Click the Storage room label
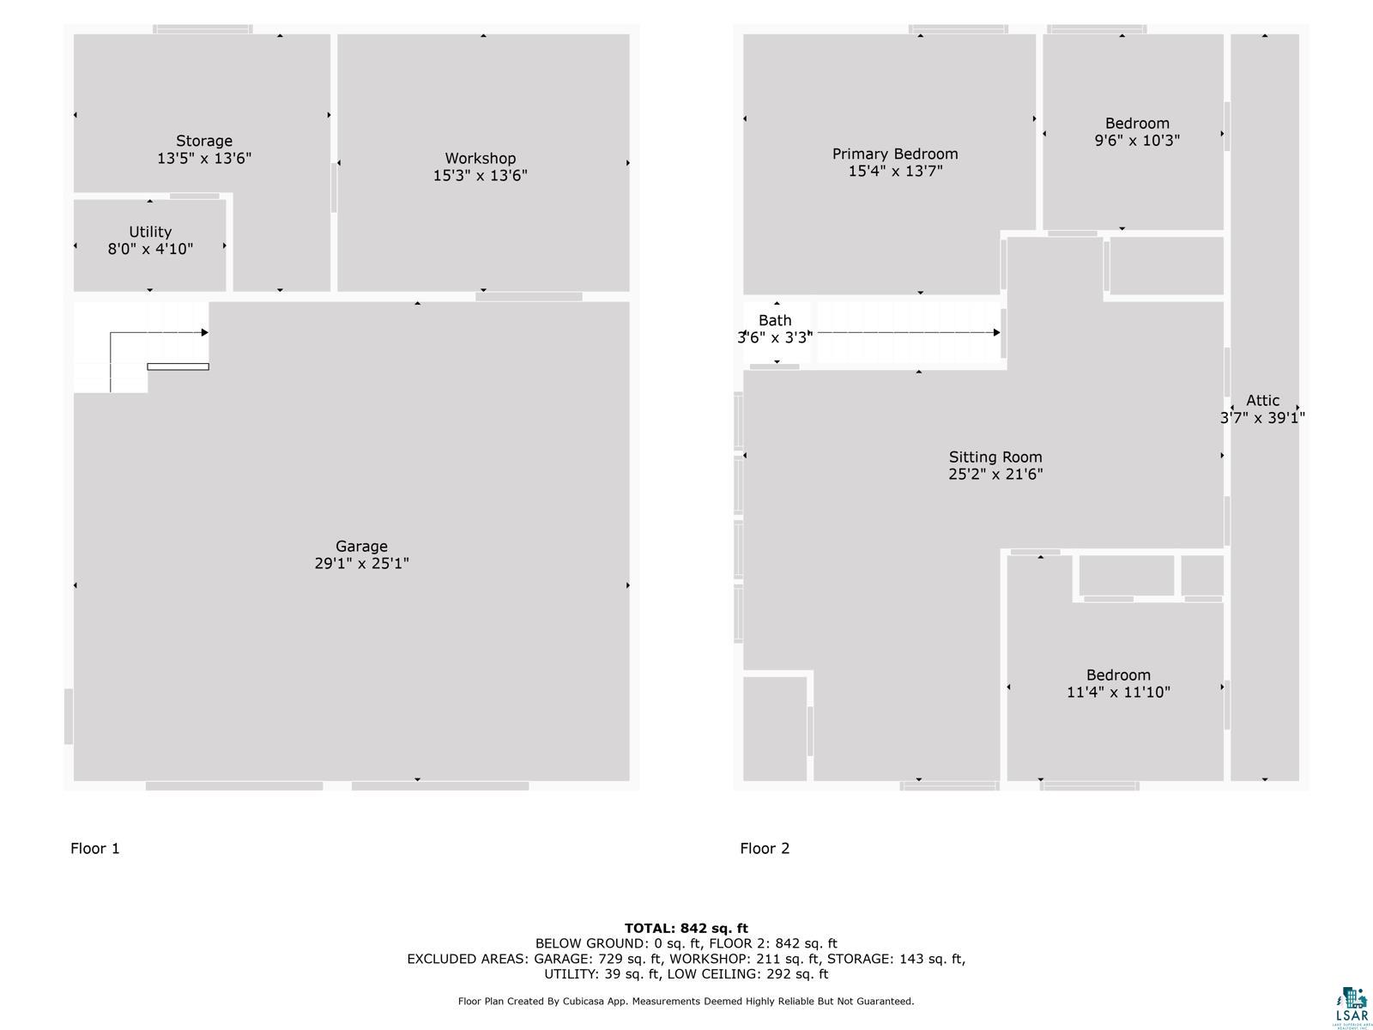point(204,141)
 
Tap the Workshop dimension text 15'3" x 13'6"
point(481,176)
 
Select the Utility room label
point(150,232)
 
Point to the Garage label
point(361,546)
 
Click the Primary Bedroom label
point(895,154)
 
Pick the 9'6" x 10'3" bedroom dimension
point(1137,141)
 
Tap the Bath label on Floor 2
point(775,320)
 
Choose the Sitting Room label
point(995,457)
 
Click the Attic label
point(1262,400)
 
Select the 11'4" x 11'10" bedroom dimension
point(1118,693)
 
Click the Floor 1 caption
point(95,848)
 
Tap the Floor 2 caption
point(765,848)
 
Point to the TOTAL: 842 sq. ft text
point(686,928)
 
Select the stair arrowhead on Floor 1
point(205,332)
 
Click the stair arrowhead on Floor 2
point(996,332)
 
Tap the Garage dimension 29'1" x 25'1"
point(361,564)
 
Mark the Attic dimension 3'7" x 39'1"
point(1262,418)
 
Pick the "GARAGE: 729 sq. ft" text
point(598,959)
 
